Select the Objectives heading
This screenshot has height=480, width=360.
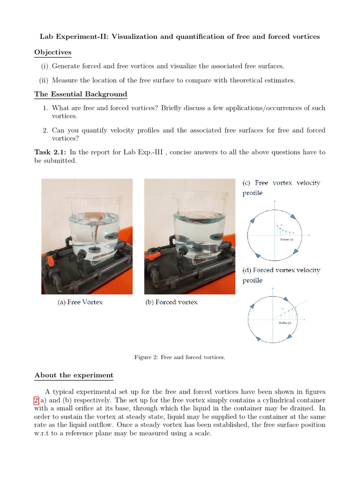coord(52,52)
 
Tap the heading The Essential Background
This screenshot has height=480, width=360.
coord(81,94)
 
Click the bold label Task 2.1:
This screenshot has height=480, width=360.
coord(51,152)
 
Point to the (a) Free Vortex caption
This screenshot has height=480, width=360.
coord(80,302)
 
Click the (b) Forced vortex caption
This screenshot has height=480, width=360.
coord(172,302)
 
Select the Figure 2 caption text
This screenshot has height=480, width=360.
coord(180,357)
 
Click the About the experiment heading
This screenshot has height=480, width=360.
coord(74,375)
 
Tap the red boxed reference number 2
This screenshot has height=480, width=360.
coord(36,400)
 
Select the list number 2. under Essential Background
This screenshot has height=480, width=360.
coord(45,130)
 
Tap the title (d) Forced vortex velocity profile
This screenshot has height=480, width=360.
coord(281,275)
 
